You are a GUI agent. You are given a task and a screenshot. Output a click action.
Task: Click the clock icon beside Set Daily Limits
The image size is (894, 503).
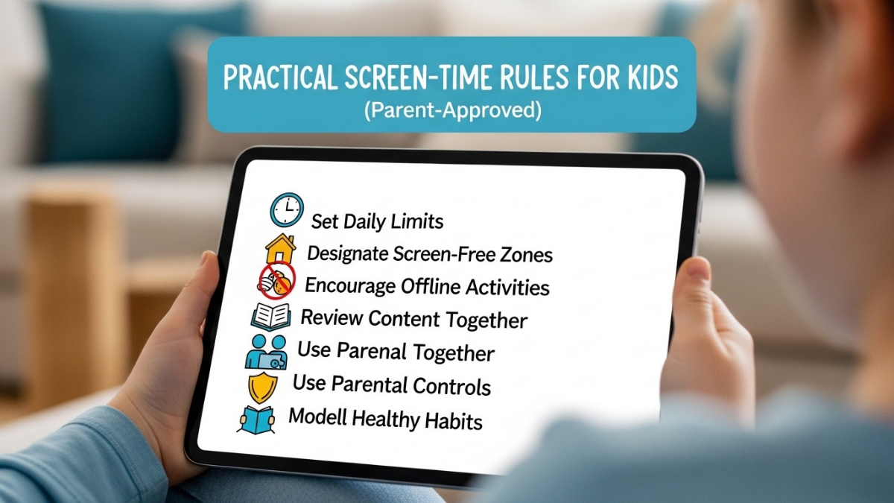[x=287, y=210]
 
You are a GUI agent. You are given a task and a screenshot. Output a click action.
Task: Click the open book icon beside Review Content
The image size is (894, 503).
[x=270, y=316]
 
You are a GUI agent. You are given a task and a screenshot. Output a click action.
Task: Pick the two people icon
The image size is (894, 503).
[x=266, y=350]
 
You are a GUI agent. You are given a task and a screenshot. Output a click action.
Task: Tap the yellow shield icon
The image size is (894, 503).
[x=262, y=386]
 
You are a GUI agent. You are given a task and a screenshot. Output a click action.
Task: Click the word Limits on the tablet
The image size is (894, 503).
[x=419, y=221]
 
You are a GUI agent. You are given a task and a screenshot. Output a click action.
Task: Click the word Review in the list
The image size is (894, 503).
[x=332, y=317]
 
